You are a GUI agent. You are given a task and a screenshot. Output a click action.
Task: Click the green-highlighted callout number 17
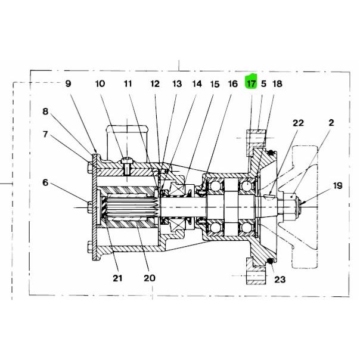251,84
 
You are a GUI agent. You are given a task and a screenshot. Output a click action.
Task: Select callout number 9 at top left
68,83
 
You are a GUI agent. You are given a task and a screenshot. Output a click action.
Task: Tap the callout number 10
100,84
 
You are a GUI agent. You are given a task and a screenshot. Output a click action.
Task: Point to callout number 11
128,84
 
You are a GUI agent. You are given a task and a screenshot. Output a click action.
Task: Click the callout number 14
197,84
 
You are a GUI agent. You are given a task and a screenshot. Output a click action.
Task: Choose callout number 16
232,84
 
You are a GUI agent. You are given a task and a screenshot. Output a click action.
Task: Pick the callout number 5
263,84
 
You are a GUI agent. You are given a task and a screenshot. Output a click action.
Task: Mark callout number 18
277,84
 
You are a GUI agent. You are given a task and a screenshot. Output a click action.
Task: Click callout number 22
298,123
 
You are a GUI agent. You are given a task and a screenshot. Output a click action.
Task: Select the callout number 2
331,123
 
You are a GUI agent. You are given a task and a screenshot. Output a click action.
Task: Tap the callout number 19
338,185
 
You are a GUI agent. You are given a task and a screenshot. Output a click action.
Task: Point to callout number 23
280,280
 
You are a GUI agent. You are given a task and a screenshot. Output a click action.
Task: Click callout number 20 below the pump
150,278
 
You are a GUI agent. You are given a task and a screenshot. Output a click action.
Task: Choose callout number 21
117,278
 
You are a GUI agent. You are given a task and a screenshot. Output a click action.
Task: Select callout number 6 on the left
45,182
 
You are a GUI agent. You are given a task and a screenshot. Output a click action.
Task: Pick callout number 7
45,134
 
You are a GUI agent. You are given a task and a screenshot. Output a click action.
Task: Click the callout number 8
45,111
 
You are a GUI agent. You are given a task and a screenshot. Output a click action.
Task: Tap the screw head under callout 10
127,160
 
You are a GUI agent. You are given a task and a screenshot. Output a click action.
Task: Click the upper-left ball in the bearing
215,185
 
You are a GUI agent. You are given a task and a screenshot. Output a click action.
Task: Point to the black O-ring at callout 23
271,260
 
